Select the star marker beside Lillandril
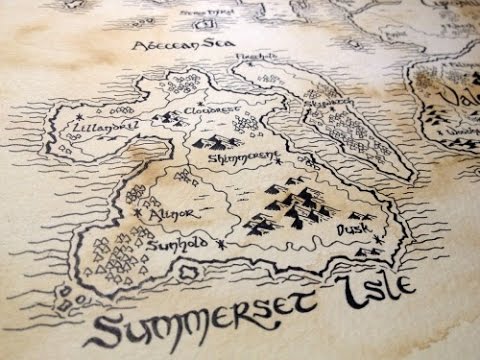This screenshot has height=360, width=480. (78, 120)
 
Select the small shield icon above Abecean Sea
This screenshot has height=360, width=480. (204, 21)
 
